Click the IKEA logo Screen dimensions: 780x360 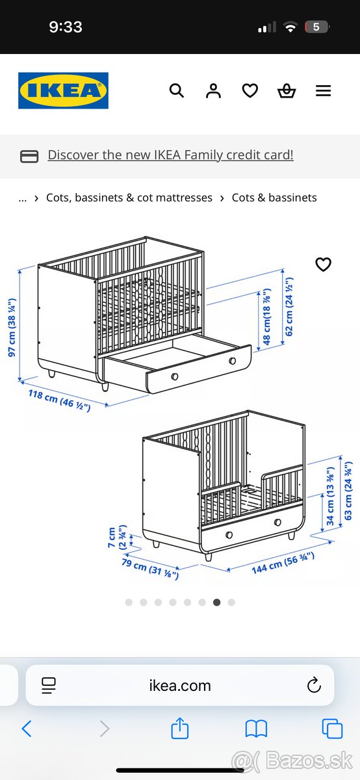click(63, 90)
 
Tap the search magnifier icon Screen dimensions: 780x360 click(177, 91)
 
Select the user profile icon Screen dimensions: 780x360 click(213, 91)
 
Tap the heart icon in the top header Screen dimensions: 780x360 click(250, 91)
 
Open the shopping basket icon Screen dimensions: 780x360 click(287, 91)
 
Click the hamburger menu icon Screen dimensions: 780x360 click(324, 91)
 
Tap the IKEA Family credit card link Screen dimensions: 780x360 click(170, 155)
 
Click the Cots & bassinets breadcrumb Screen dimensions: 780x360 click(274, 198)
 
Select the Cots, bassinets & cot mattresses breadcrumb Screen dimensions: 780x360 click(129, 198)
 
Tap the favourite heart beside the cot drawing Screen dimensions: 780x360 click(323, 265)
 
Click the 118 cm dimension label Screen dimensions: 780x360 click(59, 398)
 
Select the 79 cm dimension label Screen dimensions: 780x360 click(150, 568)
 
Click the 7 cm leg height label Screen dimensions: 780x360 click(117, 538)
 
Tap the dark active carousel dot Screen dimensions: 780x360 click(216, 603)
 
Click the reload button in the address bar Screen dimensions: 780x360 click(314, 685)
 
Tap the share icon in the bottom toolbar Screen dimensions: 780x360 click(180, 729)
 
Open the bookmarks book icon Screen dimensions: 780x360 click(256, 729)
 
